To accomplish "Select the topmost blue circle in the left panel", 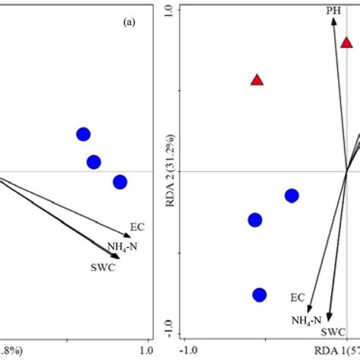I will pyautogui.click(x=84, y=135).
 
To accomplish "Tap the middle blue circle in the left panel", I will pyautogui.click(x=93, y=162).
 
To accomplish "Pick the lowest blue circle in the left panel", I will pyautogui.click(x=120, y=182).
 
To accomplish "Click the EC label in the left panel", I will pyautogui.click(x=137, y=226).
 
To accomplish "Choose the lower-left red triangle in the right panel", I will pyautogui.click(x=257, y=80).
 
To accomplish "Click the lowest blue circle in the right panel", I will pyautogui.click(x=260, y=295).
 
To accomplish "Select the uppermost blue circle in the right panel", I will pyautogui.click(x=292, y=196).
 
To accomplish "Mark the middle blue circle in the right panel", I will pyautogui.click(x=254, y=220).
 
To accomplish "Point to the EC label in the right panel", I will pyautogui.click(x=298, y=297).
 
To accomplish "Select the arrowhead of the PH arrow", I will pyautogui.click(x=333, y=22).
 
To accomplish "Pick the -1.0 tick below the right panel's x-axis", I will pyautogui.click(x=190, y=350).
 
